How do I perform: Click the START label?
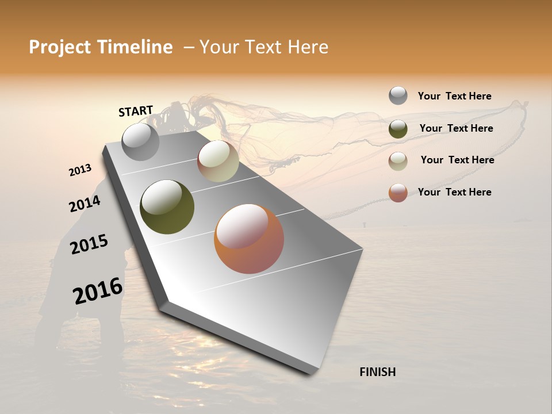[136, 111]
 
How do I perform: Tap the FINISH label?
[377, 372]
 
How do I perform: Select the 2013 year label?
[80, 170]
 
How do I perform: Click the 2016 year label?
[97, 291]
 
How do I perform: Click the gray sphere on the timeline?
[140, 141]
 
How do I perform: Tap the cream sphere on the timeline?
[218, 161]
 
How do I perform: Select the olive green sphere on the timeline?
[167, 206]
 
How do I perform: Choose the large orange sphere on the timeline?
[248, 239]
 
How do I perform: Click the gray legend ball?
[398, 95]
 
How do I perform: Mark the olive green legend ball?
[398, 129]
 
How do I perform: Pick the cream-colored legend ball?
[398, 161]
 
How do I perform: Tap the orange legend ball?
[398, 193]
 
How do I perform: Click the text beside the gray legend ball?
[454, 96]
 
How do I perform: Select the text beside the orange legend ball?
[454, 192]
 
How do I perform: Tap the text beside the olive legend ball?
[456, 128]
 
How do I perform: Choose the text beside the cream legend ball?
[457, 160]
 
